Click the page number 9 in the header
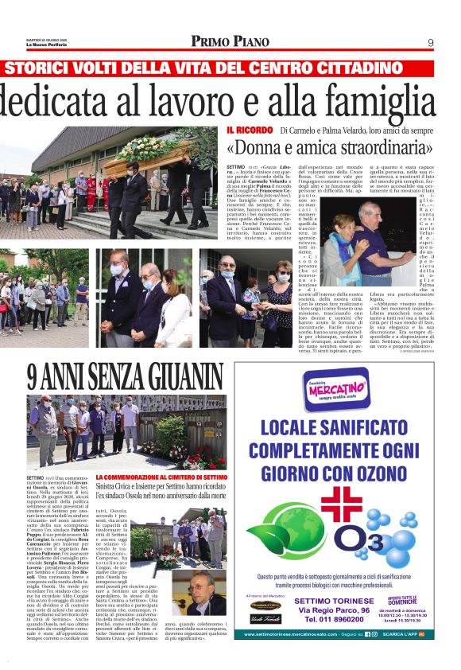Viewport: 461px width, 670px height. [x=430, y=42]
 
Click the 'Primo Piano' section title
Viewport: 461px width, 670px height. [x=230, y=41]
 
